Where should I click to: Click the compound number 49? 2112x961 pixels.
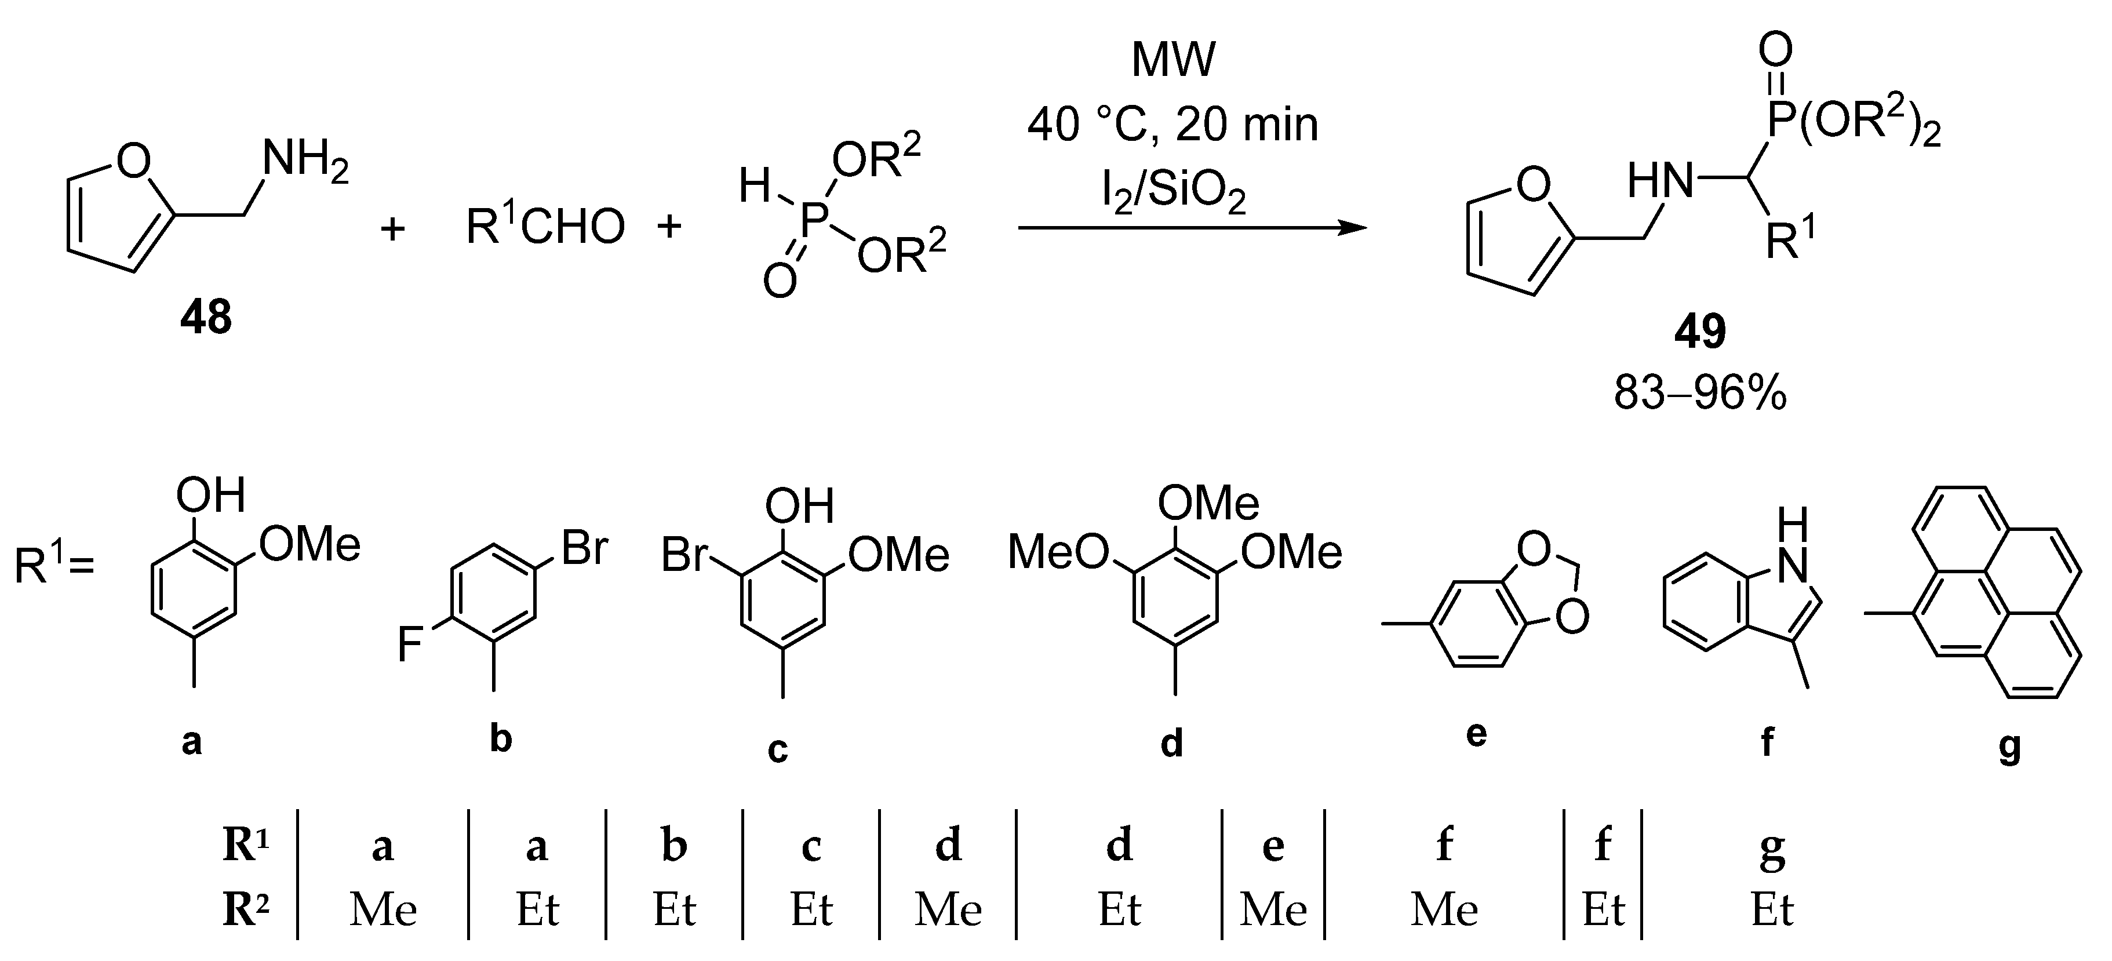pos(1699,332)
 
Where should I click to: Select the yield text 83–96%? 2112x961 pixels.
pos(1699,394)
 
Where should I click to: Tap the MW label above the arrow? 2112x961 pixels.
pos(1172,60)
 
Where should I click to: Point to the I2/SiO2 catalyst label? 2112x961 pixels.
pos(1172,194)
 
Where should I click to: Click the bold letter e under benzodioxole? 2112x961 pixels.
pos(1475,734)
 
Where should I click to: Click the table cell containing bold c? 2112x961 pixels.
pos(811,846)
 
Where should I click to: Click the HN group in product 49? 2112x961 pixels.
pos(1661,180)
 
